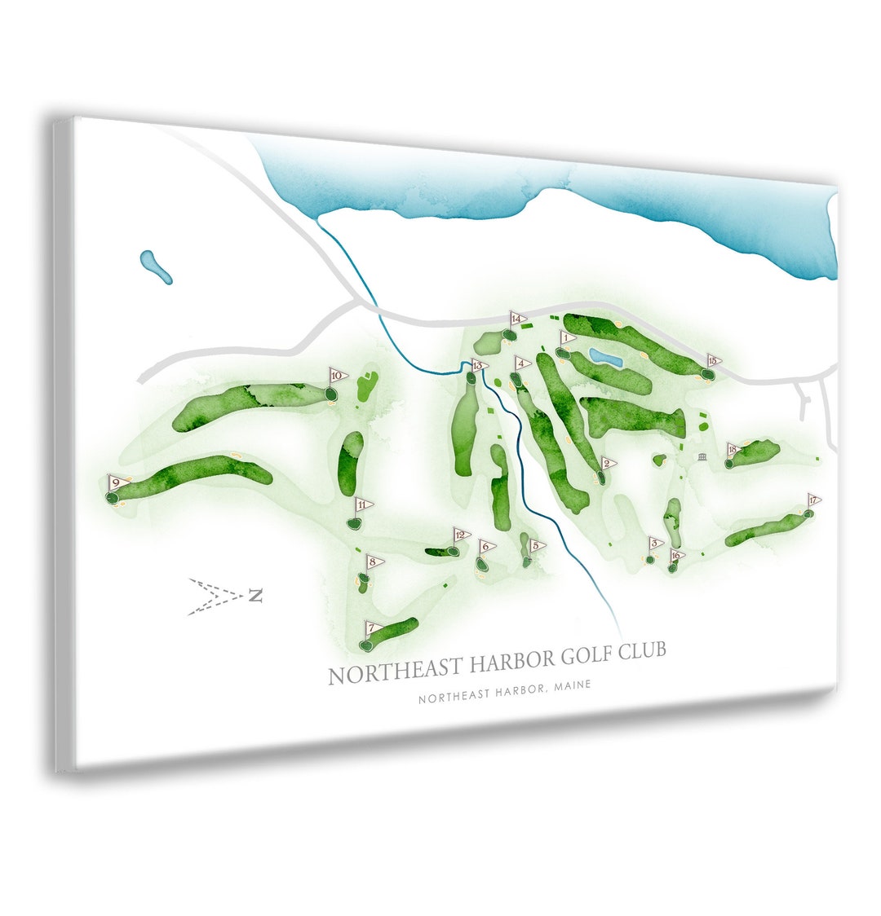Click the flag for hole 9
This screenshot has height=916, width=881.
coord(118,482)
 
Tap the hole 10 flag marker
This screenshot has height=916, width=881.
coord(338,376)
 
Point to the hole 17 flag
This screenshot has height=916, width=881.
coord(813,500)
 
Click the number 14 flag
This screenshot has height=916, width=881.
coord(516,319)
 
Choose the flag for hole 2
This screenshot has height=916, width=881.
coord(608,464)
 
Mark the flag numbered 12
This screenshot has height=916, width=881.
coord(462,535)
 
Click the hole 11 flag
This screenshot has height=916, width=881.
coord(363,505)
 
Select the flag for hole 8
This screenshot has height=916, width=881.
coord(374,561)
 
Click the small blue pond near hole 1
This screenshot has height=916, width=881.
coord(605,358)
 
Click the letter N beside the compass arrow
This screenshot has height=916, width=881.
coord(256,597)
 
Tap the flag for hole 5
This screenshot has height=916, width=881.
coord(537,545)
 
